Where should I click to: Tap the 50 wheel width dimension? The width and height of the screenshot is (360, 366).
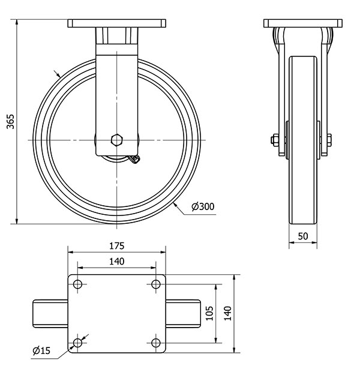304,236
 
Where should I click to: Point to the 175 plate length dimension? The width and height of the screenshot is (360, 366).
116,246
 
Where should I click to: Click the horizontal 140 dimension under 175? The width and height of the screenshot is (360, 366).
116,261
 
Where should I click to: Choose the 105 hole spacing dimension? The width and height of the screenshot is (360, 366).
209,313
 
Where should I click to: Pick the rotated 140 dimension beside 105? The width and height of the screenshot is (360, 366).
227,313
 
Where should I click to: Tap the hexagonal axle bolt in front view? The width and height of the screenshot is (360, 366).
117,140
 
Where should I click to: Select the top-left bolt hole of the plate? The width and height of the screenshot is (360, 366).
77,284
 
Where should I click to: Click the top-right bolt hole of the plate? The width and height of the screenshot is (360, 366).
156,284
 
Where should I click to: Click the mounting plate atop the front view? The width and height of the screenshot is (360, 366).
116,23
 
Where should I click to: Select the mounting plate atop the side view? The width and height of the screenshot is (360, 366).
304,23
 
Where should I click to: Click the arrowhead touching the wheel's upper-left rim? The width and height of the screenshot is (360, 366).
58,75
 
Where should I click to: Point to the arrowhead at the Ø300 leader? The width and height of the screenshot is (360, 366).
176,206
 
